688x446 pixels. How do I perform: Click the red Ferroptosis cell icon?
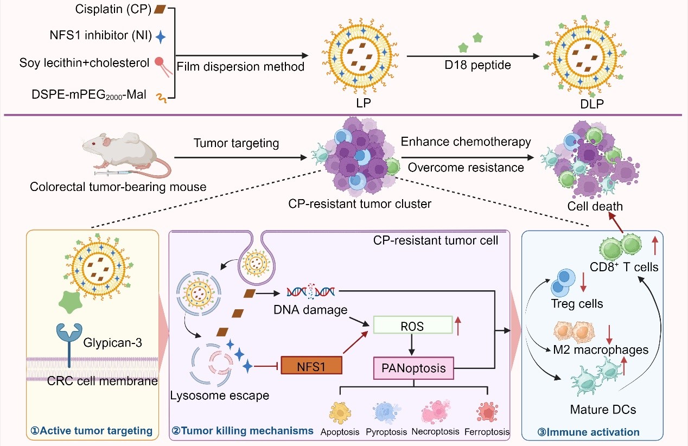[487, 412]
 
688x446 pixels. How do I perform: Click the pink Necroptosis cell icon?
[435, 412]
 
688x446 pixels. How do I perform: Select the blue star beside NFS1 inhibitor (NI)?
[161, 37]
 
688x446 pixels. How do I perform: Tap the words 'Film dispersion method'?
[240, 66]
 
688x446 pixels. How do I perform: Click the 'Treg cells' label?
[576, 304]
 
